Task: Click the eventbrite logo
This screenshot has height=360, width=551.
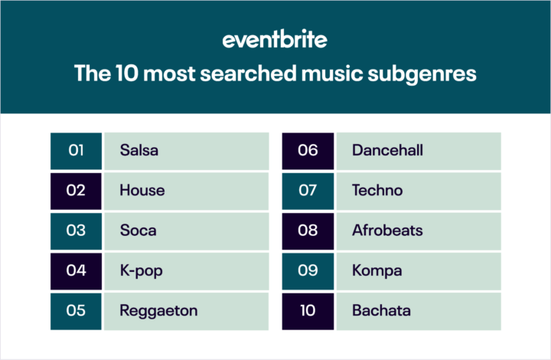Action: pyautogui.click(x=275, y=39)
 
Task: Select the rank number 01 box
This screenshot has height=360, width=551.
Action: pyautogui.click(x=76, y=150)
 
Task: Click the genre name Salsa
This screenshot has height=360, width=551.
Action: pyautogui.click(x=139, y=150)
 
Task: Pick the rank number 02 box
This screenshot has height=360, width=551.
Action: pyautogui.click(x=76, y=190)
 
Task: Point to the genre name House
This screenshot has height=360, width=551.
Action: pyautogui.click(x=142, y=190)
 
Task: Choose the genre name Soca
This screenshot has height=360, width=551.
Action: pyautogui.click(x=138, y=230)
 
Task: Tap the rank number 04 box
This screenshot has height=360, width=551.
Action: pyautogui.click(x=76, y=270)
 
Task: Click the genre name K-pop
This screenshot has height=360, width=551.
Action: pyautogui.click(x=141, y=270)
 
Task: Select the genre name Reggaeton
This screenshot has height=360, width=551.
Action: pyautogui.click(x=158, y=310)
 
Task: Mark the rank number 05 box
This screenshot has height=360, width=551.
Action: pyautogui.click(x=76, y=310)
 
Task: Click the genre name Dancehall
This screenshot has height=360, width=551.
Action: pyautogui.click(x=387, y=150)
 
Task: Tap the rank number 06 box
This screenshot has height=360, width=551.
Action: pyautogui.click(x=308, y=150)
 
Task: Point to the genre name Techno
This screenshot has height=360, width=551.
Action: pyautogui.click(x=377, y=190)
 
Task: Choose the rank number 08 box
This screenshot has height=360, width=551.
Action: pyautogui.click(x=308, y=230)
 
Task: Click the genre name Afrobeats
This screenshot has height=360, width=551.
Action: pyautogui.click(x=387, y=230)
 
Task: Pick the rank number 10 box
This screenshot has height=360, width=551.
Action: pyautogui.click(x=308, y=310)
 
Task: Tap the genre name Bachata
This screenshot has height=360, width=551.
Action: pyautogui.click(x=382, y=310)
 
